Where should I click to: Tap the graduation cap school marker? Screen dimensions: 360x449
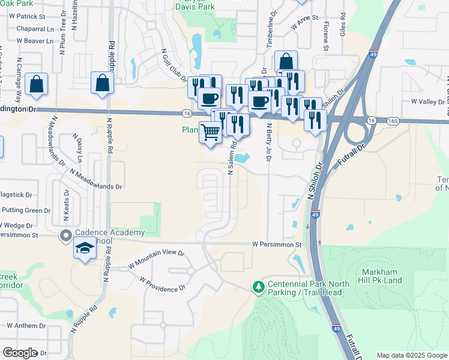coord(85,248)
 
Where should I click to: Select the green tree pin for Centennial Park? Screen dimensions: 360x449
coord(259,287)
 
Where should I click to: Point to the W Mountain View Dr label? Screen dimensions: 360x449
coord(156,259)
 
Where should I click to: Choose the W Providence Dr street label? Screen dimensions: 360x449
coord(163,284)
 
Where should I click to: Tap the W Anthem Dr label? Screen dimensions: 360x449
coord(26,326)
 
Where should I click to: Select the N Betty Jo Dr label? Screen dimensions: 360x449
coord(268,142)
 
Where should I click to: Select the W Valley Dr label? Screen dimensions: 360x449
coord(429,102)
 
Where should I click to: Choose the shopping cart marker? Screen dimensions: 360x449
coord(210,132)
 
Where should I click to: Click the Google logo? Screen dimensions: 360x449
coord(20,353)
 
